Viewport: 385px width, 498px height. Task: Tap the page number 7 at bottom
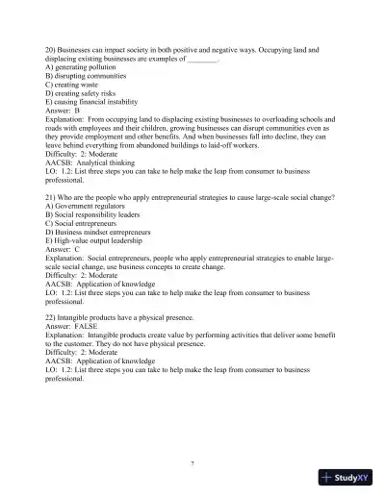192,463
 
